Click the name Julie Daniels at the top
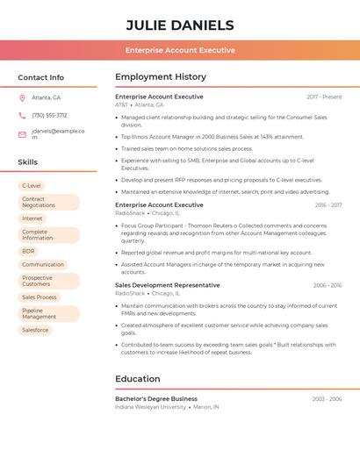(x=180, y=25)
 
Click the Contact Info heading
(x=40, y=77)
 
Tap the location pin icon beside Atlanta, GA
(x=22, y=97)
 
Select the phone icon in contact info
(x=22, y=115)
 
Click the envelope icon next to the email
(x=22, y=134)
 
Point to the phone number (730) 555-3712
(x=49, y=115)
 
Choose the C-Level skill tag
(x=32, y=186)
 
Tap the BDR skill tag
(x=29, y=251)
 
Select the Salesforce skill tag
(x=35, y=330)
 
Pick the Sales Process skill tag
(x=40, y=297)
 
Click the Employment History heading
(x=161, y=76)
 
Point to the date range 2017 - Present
(x=324, y=97)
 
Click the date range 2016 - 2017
(x=328, y=205)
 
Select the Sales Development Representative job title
(x=168, y=285)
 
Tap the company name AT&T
(x=121, y=104)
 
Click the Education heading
(x=138, y=379)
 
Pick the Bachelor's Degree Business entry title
(x=156, y=398)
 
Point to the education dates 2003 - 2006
(x=327, y=399)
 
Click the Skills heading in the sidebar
(x=28, y=162)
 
